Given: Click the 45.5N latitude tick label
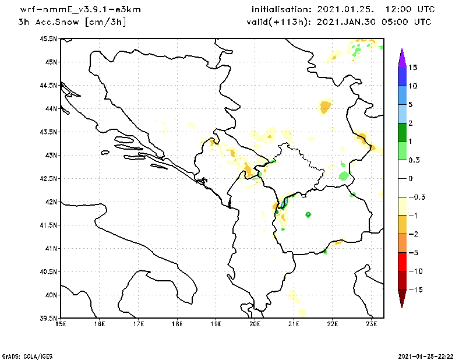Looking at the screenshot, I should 49,38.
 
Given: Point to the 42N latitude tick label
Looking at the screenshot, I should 51,202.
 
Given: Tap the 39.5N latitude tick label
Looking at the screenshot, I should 49,318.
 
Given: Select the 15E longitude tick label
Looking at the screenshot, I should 60,324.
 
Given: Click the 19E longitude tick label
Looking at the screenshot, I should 216,324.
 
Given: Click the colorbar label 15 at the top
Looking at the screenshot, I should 413,68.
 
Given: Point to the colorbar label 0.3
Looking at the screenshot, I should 415,160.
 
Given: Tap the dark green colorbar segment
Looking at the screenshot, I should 401,132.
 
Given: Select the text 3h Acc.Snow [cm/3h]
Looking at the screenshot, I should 72,22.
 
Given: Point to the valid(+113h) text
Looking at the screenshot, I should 274,22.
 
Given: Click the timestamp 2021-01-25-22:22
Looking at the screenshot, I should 425,355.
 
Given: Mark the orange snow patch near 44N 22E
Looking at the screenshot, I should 325,106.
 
